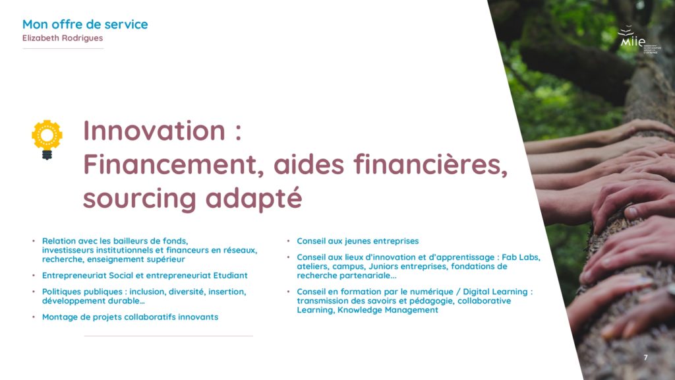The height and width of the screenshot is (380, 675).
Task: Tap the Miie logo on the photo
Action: pos(638,39)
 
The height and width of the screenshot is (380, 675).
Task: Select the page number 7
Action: pos(645,357)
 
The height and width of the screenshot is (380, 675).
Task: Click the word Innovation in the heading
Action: pos(154,130)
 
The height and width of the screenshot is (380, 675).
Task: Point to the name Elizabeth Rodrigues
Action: pos(63,38)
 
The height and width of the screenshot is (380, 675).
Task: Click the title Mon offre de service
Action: pos(85,24)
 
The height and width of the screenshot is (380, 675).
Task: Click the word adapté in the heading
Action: pos(254,198)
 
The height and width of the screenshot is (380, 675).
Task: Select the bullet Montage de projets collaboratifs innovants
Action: pos(130,317)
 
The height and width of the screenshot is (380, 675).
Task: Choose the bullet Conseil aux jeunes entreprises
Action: pos(357,241)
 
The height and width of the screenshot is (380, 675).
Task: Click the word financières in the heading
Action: pos(430,164)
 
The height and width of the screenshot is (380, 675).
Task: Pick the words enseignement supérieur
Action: pos(136,259)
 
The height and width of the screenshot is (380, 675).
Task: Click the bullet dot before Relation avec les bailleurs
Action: pos(34,241)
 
